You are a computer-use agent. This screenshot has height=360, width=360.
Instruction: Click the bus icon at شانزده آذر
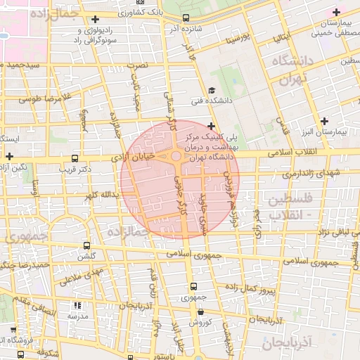(x=185, y=18)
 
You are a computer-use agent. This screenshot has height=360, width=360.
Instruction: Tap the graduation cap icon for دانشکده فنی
(x=212, y=91)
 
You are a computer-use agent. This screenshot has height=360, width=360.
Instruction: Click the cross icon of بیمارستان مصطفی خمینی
(x=336, y=12)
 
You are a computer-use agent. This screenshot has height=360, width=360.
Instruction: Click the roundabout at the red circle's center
(x=175, y=157)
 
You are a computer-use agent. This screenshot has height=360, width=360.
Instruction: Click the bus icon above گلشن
(x=86, y=246)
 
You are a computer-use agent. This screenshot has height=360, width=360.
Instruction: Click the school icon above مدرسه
(x=77, y=306)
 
